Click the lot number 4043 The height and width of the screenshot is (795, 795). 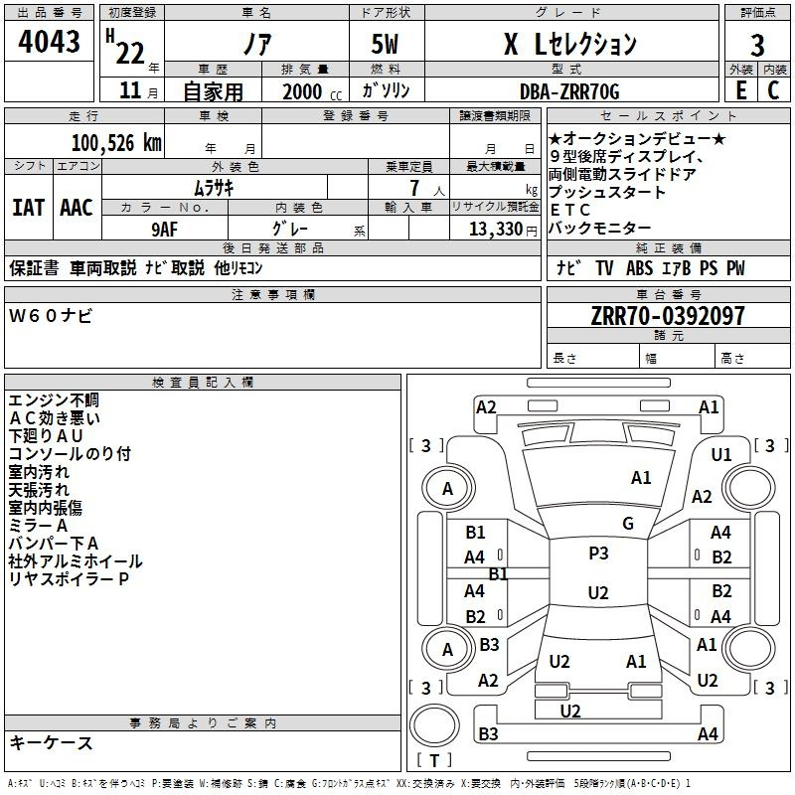[x=49, y=41]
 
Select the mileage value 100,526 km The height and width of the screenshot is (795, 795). [x=116, y=143]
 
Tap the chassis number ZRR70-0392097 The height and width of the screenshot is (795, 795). [x=668, y=316]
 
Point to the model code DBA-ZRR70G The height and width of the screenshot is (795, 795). [x=569, y=91]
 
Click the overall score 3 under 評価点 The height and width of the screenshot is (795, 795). [x=757, y=46]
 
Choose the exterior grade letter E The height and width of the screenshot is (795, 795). [x=740, y=90]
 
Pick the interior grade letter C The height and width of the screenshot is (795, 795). [x=773, y=90]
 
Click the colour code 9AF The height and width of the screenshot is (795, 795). [x=165, y=230]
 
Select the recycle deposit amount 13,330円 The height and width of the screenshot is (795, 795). [x=503, y=230]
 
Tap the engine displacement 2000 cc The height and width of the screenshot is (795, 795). [x=312, y=91]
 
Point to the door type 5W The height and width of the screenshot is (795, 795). [x=385, y=44]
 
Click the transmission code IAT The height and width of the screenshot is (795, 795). [x=29, y=208]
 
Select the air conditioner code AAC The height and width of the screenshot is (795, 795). [x=77, y=208]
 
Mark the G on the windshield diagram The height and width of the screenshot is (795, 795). [x=628, y=524]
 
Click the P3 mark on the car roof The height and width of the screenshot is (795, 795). [x=598, y=554]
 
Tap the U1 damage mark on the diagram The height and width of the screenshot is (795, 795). [x=721, y=455]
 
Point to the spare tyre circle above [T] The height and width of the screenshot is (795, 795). [x=434, y=725]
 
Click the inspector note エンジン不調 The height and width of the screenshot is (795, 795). [x=54, y=400]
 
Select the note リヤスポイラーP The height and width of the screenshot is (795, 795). [x=69, y=579]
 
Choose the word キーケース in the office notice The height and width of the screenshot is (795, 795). [x=51, y=742]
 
